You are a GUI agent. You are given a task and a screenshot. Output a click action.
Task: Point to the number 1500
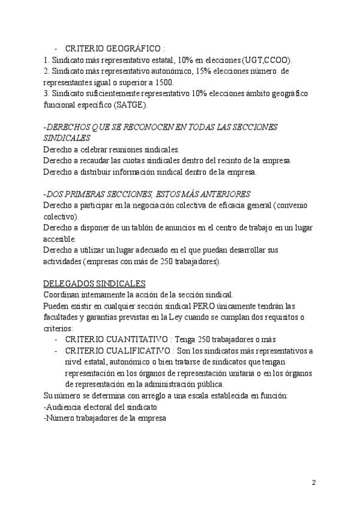[x=162, y=82]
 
